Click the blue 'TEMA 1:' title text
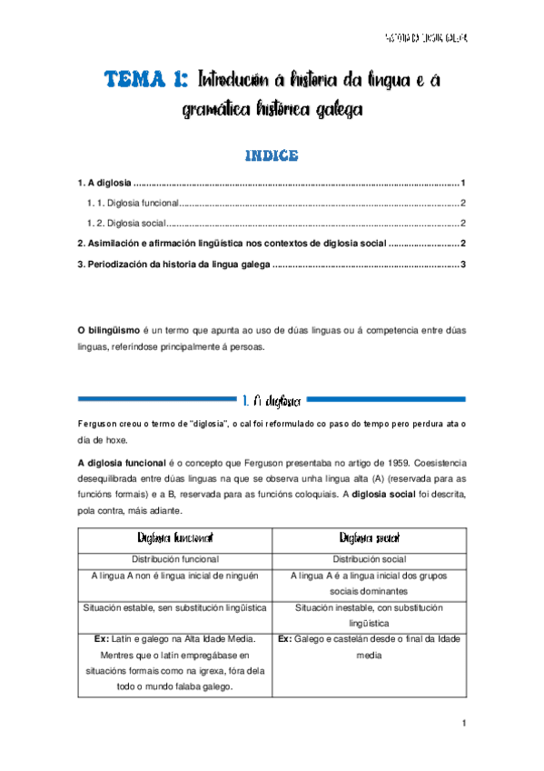(144, 80)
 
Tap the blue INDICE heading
(272, 155)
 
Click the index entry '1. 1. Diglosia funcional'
(132, 204)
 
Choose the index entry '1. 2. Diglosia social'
(126, 224)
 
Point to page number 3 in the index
(463, 265)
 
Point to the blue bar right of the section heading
(388, 398)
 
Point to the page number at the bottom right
(463, 723)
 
